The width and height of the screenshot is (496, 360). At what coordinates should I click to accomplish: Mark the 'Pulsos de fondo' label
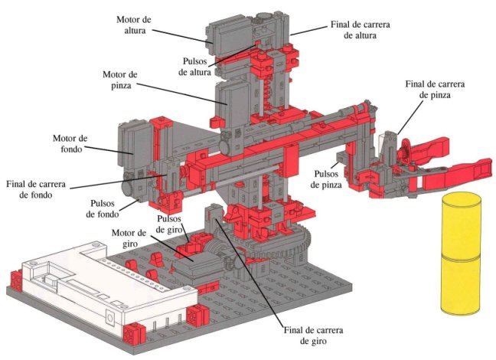click(x=110, y=208)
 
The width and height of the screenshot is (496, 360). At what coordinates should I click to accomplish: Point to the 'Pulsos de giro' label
click(x=171, y=223)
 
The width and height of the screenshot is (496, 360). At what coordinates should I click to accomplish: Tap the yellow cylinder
click(x=460, y=253)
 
